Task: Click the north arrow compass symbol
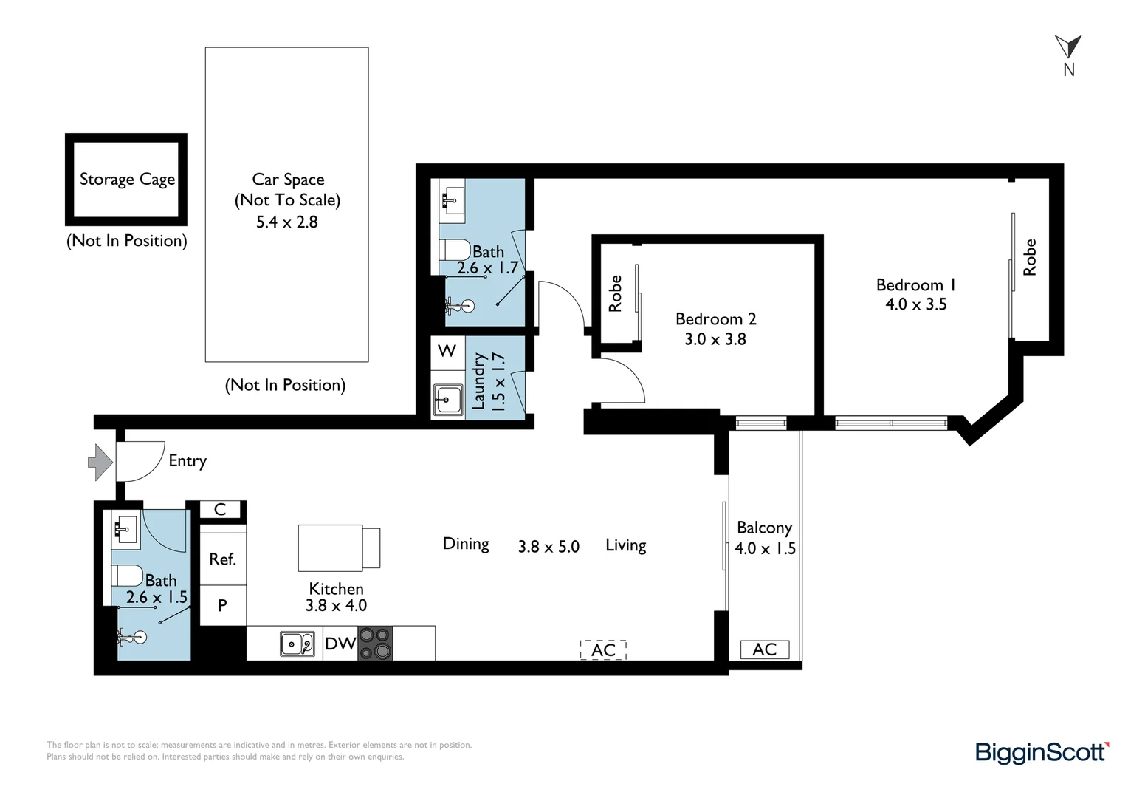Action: point(1068,47)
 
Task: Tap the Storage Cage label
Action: point(127,180)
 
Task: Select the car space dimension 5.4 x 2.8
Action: point(286,222)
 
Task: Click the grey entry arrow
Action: point(100,463)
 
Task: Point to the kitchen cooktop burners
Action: point(375,643)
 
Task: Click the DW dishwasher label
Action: point(340,644)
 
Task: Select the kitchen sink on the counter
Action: point(298,644)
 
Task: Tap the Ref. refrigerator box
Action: point(222,559)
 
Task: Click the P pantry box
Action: point(222,606)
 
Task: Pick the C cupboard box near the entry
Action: point(220,510)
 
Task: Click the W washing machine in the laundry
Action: point(447,351)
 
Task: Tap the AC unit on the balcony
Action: point(764,649)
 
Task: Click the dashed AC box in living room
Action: point(603,650)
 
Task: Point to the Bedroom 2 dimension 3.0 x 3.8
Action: point(715,339)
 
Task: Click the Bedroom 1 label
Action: point(915,285)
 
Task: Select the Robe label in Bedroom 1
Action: point(1029,257)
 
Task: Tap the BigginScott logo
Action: point(1042,753)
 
